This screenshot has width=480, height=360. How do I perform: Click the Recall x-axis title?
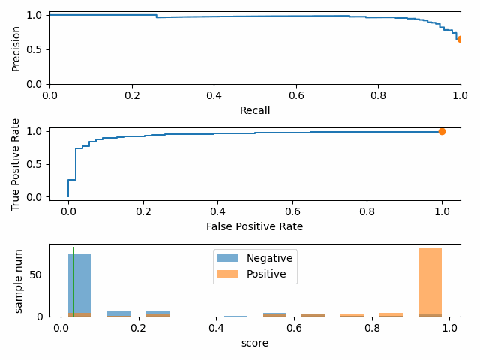pos(255,110)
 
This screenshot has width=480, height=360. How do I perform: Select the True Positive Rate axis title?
pos(16,164)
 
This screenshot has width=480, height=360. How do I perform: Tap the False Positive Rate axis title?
pos(255,226)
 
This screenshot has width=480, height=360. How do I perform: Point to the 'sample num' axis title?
pos(19,282)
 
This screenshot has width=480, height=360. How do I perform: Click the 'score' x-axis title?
pos(255,343)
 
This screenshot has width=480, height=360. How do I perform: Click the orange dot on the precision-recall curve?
pos(460,39)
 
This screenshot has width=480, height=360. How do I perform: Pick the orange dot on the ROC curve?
pos(442,131)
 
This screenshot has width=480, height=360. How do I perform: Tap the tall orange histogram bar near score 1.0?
pos(430,281)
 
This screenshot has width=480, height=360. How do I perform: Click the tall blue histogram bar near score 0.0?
pos(80,285)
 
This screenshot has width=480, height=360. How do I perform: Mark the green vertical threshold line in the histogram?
pos(73,281)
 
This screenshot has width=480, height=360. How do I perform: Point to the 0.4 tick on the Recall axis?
pos(214,94)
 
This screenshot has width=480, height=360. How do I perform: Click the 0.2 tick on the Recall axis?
pos(131,94)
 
